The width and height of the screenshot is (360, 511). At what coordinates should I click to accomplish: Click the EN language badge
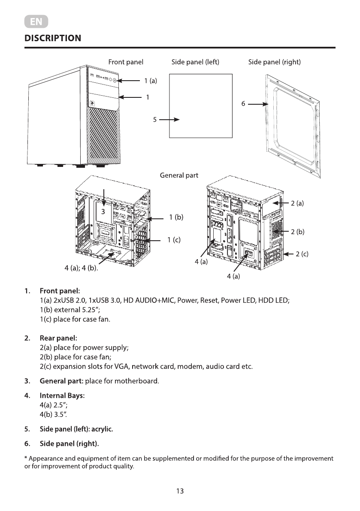point(36,22)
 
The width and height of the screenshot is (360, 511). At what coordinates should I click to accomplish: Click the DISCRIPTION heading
point(52,38)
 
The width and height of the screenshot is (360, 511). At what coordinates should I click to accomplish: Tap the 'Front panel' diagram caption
point(126,62)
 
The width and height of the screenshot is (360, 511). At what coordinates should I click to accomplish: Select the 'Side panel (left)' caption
point(195,62)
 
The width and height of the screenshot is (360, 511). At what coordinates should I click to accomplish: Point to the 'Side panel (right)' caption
point(275,62)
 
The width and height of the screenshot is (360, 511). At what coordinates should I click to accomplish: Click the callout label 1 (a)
point(151,81)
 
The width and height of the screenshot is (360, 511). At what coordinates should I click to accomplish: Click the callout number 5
point(155,120)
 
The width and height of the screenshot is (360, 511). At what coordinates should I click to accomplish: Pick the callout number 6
point(243,104)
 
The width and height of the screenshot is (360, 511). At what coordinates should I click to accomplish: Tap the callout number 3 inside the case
point(103,212)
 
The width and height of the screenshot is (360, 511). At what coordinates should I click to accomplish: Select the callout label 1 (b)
point(176,218)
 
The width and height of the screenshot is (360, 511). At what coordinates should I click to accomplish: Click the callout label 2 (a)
point(297,203)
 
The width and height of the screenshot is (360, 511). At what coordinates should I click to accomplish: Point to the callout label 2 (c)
point(302,254)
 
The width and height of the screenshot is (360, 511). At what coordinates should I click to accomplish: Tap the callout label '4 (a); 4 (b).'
point(82,269)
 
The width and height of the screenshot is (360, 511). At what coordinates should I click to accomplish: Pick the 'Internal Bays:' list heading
point(62,395)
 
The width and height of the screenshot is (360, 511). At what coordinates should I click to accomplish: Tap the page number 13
point(180,491)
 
